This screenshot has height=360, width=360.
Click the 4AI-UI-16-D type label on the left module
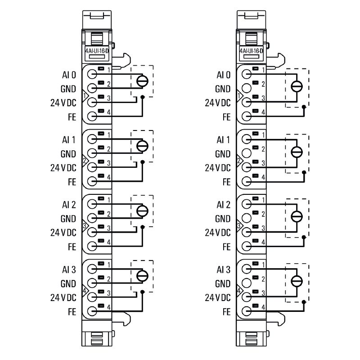tap(97, 51)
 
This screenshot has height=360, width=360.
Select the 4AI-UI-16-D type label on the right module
tap(252, 51)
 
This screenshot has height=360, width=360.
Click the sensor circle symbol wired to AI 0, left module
tap(142, 81)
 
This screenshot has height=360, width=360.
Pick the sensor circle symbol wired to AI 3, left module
tap(142, 276)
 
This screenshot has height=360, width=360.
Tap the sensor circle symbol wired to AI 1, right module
tap(297, 152)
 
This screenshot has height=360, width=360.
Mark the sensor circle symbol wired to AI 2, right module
tap(297, 216)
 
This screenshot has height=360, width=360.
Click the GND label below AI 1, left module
tap(69, 153)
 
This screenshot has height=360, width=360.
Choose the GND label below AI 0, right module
tap(223, 89)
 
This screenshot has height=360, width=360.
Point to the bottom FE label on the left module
tap(72, 311)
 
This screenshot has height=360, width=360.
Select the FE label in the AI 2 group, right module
tap(226, 247)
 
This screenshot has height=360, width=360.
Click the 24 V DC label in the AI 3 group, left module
tap(63, 297)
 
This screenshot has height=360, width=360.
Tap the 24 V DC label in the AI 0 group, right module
tap(218, 103)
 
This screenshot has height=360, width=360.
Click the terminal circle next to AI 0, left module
tap(92, 75)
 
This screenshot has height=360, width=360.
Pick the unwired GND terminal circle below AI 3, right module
tap(247, 283)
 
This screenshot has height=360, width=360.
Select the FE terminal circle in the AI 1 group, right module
tap(247, 181)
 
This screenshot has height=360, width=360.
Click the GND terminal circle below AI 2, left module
tap(92, 218)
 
